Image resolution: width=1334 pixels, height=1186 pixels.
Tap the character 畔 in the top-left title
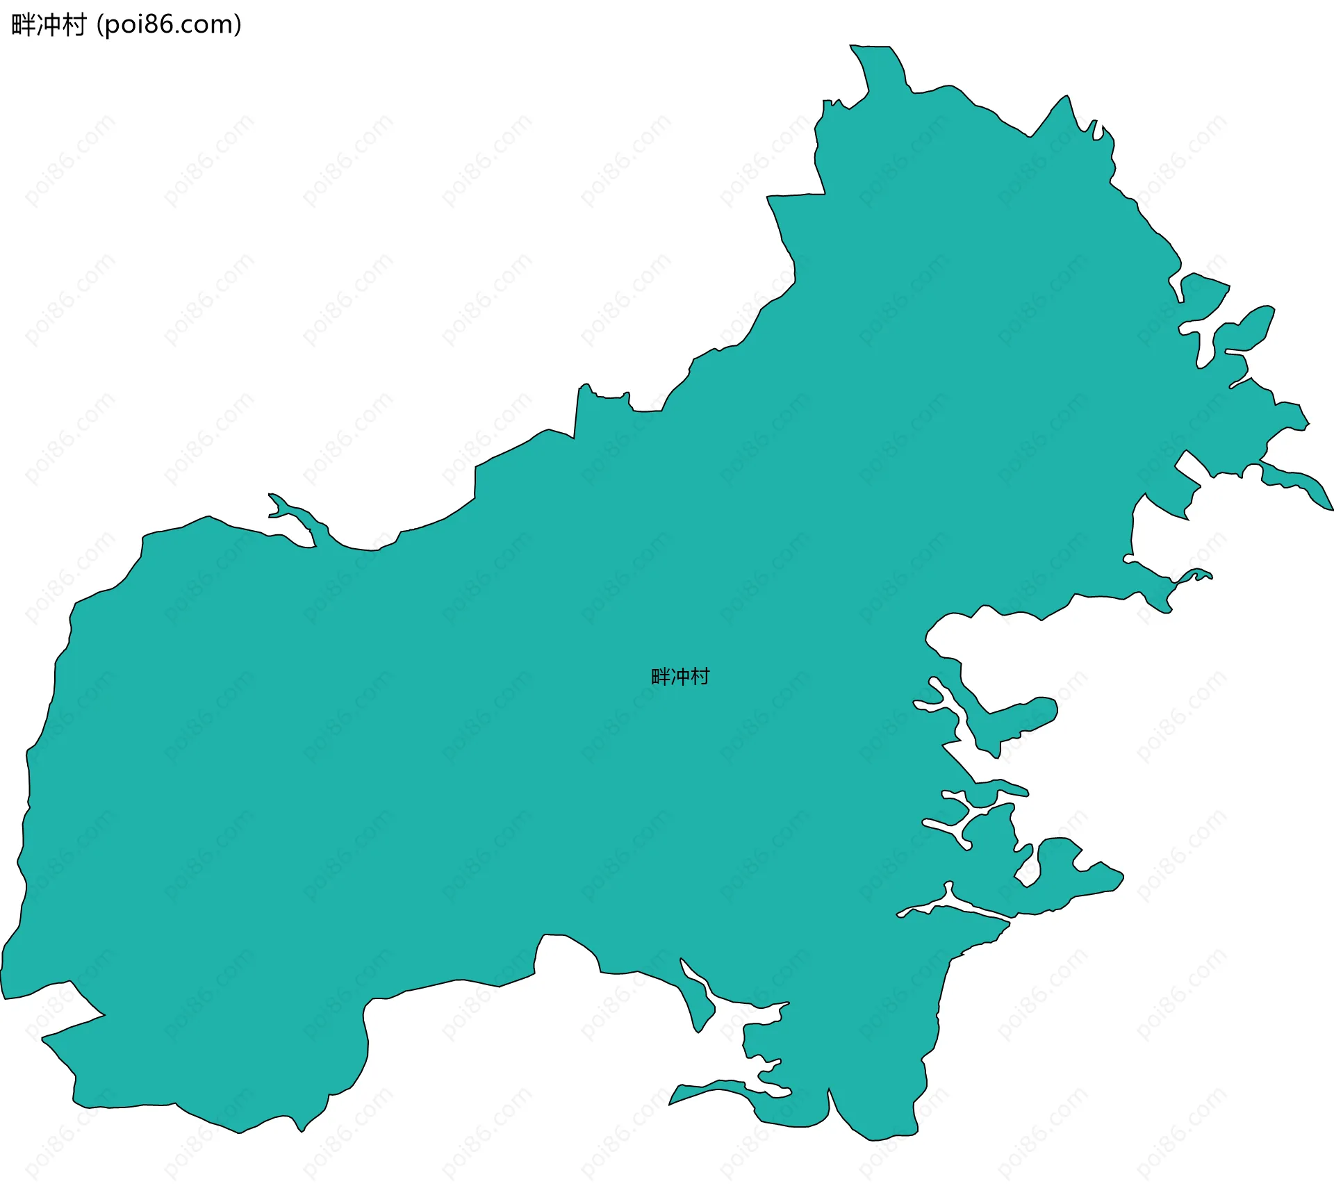point(24,25)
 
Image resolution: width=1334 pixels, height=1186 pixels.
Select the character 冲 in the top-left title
point(49,25)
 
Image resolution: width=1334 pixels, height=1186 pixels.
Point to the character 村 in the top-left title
point(74,25)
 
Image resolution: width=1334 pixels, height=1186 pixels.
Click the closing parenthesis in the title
point(238,25)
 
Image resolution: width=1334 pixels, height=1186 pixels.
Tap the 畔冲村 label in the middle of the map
point(680,676)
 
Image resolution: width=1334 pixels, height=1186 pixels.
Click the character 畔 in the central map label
point(661,676)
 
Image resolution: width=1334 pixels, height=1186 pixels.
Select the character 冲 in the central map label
point(680,676)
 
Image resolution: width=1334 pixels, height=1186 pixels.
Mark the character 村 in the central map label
point(700,676)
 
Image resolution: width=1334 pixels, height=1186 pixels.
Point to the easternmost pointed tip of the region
point(1331,509)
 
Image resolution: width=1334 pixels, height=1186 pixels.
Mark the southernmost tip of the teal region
point(873,1139)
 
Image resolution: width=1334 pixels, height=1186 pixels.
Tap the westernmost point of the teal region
point(2,971)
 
